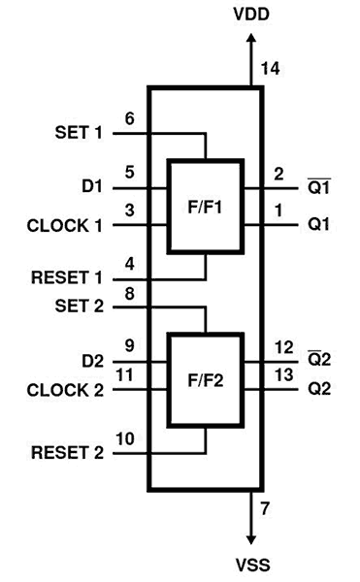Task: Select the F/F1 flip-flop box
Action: [x=206, y=207]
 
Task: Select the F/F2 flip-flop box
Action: [x=206, y=379]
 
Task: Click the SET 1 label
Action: [x=78, y=132]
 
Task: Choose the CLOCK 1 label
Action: [x=65, y=226]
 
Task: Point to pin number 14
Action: [x=271, y=68]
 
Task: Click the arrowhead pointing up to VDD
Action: [x=252, y=37]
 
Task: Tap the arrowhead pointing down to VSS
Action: [x=252, y=539]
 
